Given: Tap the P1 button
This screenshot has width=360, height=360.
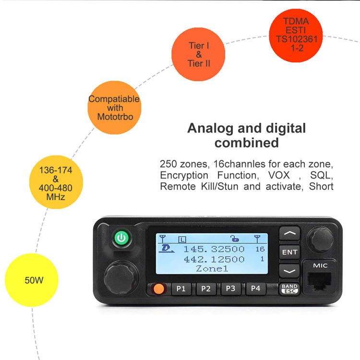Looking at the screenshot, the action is point(181,288).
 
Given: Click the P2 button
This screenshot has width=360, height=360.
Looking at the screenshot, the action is point(206,288).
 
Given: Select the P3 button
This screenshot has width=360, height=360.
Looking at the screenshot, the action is point(231,288).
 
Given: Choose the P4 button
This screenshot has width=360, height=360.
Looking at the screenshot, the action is point(255,288).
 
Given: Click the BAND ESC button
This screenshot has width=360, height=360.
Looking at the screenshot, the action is point(289,289).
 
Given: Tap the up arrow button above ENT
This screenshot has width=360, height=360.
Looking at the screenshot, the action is point(290,233).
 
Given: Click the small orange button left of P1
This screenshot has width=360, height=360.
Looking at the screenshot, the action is point(159,289).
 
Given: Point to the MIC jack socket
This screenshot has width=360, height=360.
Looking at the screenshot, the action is point(319,281).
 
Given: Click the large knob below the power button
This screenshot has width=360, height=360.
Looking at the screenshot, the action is point(121,277).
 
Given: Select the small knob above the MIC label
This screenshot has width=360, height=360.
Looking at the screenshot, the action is point(320,240).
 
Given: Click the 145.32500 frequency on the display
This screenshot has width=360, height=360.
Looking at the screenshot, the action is point(214,249).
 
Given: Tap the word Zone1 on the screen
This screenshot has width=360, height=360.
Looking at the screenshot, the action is point(212,268).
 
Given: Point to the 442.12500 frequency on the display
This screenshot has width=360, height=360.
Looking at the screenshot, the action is point(214,259).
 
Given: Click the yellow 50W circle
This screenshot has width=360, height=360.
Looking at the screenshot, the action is point(32,280).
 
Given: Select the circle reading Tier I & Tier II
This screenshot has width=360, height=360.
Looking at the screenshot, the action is point(198,54).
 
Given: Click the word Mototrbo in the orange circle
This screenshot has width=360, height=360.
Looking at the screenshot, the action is point(115,117).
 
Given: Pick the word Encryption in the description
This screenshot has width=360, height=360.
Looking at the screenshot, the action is point(184,176).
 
